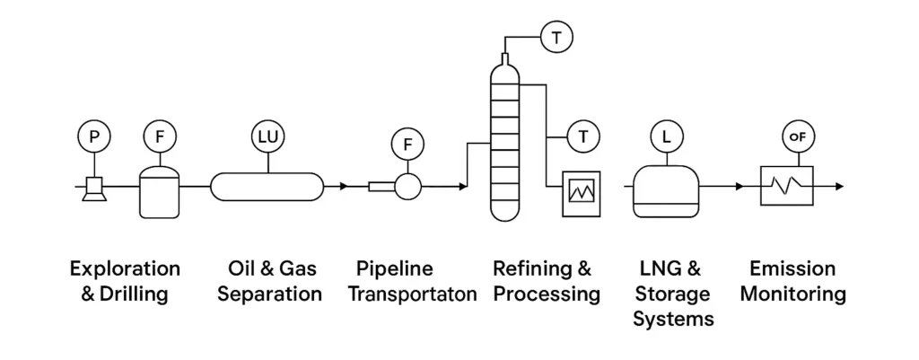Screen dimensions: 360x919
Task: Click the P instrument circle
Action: (x=94, y=137)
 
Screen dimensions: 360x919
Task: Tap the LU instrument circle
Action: (x=267, y=137)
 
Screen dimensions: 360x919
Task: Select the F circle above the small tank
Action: (x=160, y=137)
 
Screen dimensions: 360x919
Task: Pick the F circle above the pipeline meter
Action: (x=408, y=144)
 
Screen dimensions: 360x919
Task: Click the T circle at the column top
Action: (x=556, y=38)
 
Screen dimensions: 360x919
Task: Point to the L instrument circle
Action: (x=666, y=137)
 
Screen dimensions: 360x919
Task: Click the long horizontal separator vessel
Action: (x=267, y=187)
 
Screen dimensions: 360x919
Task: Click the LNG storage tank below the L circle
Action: (x=666, y=190)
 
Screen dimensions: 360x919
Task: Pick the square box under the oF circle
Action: (x=787, y=188)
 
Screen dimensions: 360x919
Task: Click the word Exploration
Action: (x=125, y=268)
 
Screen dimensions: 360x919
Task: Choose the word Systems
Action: (x=673, y=319)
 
